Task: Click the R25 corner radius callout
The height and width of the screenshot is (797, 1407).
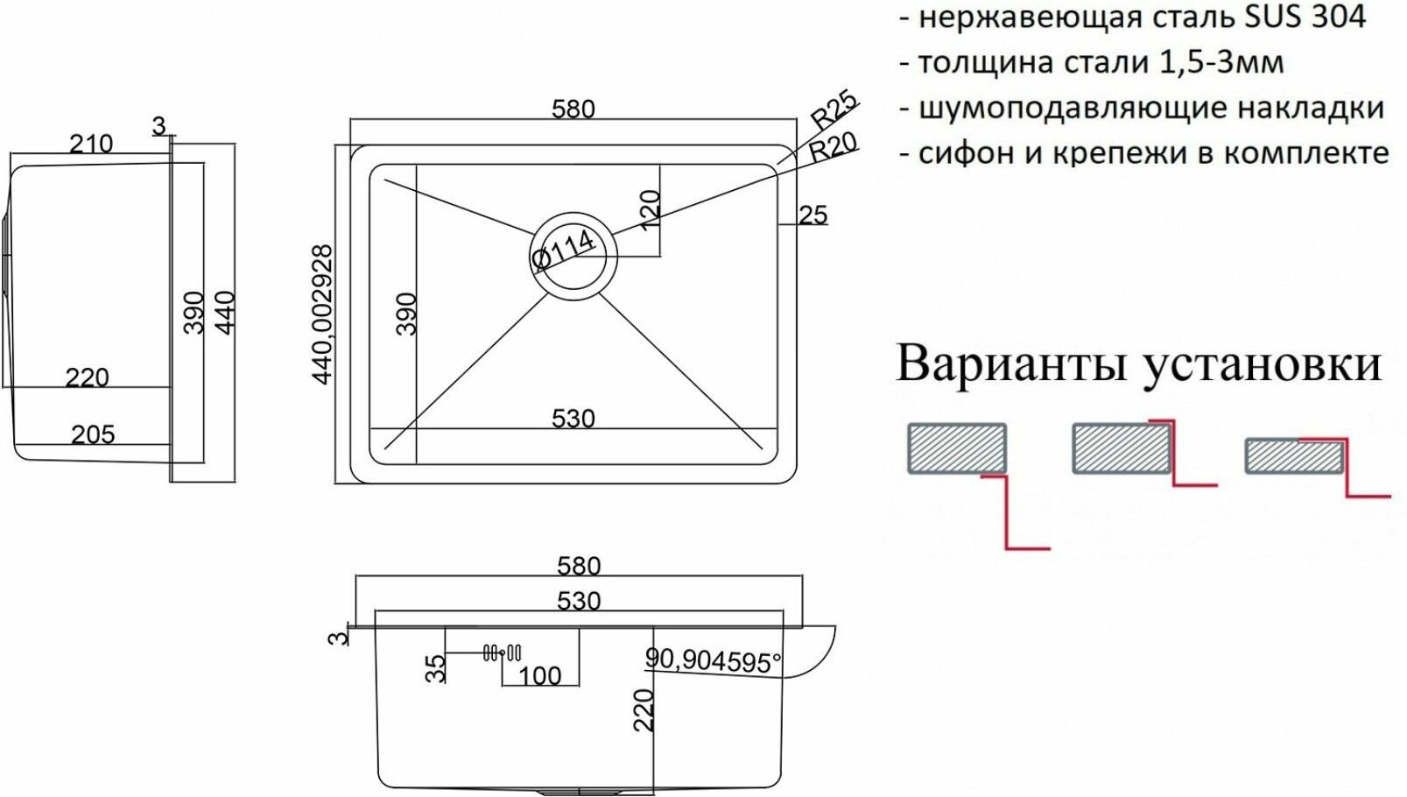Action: click(834, 110)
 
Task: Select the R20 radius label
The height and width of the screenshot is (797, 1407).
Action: click(833, 146)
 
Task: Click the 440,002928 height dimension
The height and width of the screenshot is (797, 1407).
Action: click(323, 314)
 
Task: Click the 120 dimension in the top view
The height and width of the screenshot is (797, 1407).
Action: click(649, 211)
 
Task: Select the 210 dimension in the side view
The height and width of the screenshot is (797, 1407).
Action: click(91, 144)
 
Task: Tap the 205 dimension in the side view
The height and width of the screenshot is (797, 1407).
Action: click(92, 434)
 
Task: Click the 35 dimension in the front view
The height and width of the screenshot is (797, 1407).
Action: click(435, 669)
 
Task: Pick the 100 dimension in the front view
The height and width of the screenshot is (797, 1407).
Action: click(539, 676)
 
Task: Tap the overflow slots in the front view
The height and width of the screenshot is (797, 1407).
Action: click(503, 653)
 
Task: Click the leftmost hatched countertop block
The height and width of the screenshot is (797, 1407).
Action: click(956, 449)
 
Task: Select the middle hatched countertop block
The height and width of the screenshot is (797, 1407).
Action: click(1121, 448)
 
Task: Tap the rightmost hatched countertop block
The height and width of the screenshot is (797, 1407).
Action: click(1292, 456)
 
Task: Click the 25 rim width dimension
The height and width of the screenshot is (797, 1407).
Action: click(813, 215)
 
